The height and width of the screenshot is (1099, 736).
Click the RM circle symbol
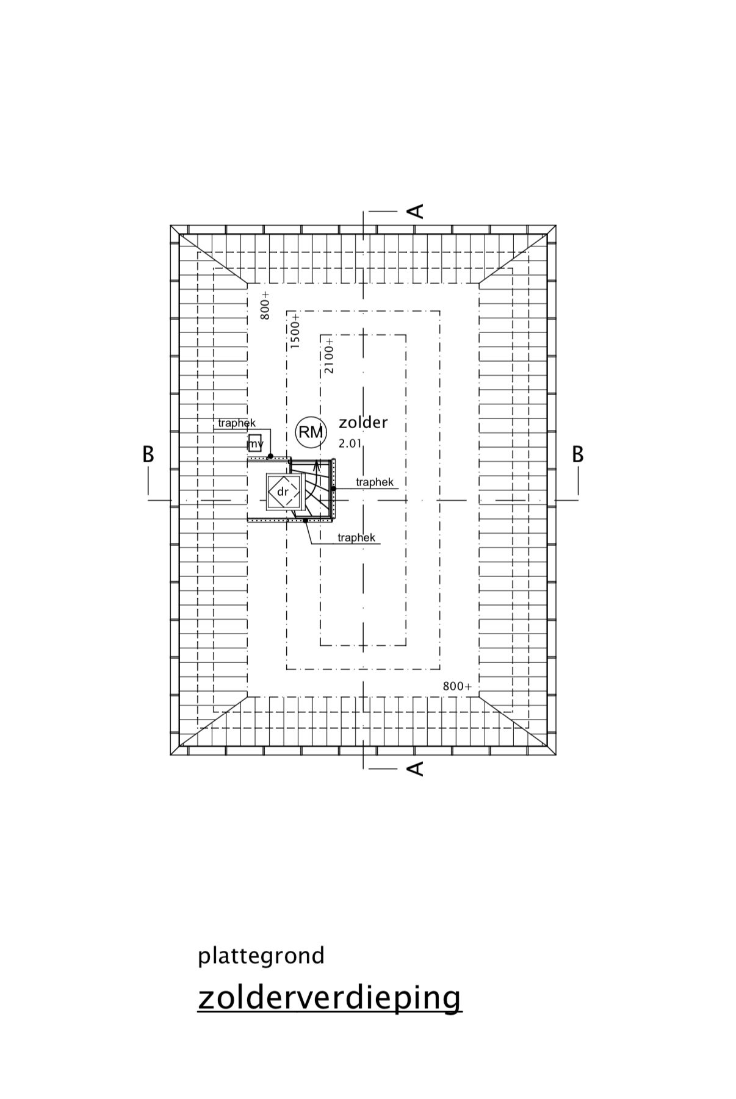[311, 432]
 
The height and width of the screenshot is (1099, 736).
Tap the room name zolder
[363, 422]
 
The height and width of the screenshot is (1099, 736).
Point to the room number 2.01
[350, 443]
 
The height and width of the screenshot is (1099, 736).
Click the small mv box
[255, 443]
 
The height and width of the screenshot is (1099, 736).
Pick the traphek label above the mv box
[237, 423]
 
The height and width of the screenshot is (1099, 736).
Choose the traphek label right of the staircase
[375, 482]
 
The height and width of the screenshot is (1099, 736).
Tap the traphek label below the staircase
[356, 537]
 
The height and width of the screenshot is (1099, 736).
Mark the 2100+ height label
[329, 356]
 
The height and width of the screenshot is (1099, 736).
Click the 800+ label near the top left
[265, 306]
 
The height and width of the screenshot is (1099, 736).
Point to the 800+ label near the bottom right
[457, 686]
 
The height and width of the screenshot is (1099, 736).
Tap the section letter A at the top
[415, 211]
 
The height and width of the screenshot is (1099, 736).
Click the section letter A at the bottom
[415, 768]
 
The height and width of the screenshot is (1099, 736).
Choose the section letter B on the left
[148, 454]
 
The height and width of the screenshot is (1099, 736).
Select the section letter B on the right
[577, 454]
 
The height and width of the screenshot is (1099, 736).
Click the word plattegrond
[261, 956]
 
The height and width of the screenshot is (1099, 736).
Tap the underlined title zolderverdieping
[330, 998]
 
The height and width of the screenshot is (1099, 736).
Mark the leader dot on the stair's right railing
[333, 489]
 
